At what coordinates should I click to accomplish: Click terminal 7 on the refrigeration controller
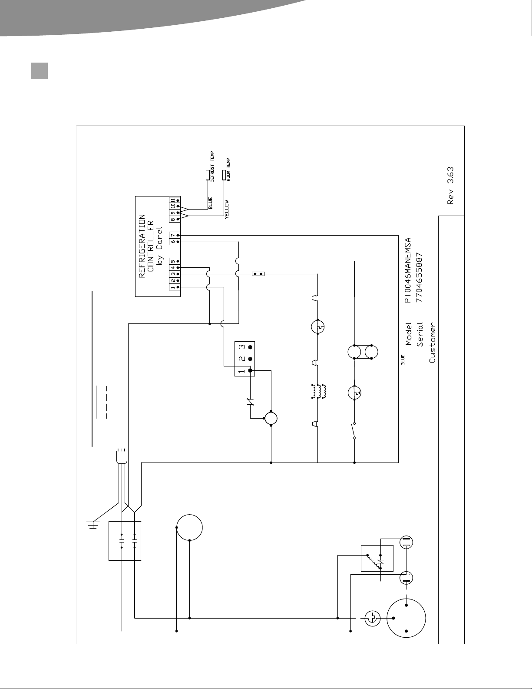coord(173,235)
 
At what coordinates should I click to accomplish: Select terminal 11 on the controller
coord(173,200)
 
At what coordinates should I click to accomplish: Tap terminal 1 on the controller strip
coord(173,287)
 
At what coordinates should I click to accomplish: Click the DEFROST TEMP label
coord(212,166)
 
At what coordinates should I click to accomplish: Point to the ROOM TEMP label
coord(228,170)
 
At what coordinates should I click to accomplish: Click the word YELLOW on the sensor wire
coord(227,209)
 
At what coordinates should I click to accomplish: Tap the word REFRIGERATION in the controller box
coord(142,246)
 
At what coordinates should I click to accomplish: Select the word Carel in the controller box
coord(159,237)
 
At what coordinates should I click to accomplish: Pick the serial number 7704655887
coord(419,277)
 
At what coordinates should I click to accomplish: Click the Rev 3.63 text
coord(450,186)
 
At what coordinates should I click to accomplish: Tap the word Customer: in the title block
coord(432,342)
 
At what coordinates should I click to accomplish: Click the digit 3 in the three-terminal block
coord(242,347)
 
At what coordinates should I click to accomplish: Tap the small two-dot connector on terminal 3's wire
coord(258,273)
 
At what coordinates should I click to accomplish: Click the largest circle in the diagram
coord(406,618)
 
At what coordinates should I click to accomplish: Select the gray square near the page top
coord(40,71)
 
